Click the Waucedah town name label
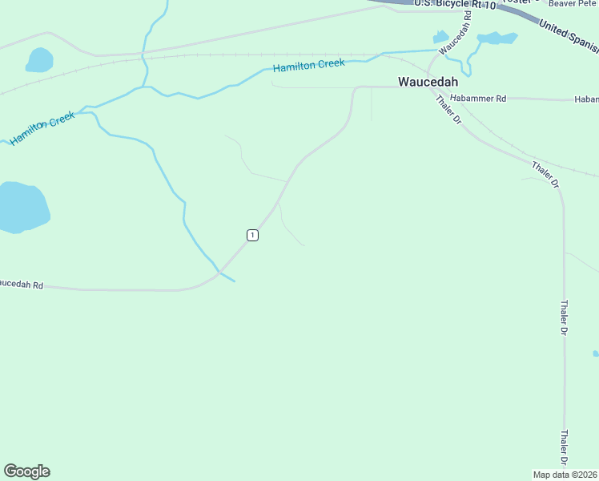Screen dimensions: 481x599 [x=428, y=82]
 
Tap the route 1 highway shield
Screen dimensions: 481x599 [x=252, y=235]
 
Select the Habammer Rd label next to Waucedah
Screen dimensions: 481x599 [x=478, y=99]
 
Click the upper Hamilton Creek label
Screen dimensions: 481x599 [x=308, y=65]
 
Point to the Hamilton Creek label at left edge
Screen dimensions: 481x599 [x=42, y=128]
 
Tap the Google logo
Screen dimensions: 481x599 [x=26, y=471]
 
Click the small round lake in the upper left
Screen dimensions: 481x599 [x=39, y=60]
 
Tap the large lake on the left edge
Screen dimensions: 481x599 [x=22, y=207]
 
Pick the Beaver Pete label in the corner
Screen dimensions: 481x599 [x=573, y=4]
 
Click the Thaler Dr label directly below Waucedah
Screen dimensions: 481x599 [x=448, y=109]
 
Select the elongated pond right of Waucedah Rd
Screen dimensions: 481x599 [x=497, y=38]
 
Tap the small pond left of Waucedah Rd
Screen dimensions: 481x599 [x=440, y=37]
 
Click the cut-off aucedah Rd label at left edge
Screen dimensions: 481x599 [x=22, y=285]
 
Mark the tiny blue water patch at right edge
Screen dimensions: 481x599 [x=596, y=353]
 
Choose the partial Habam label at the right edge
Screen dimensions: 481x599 [x=586, y=99]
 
